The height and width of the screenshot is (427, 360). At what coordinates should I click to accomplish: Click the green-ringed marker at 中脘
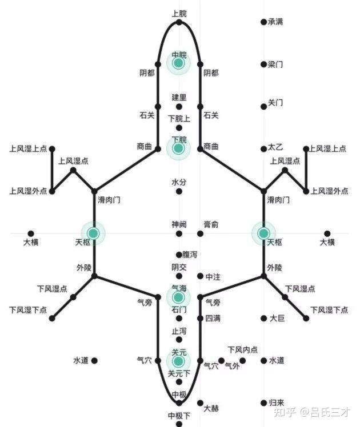[179, 63]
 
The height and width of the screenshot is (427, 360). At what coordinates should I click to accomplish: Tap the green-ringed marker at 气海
[179, 297]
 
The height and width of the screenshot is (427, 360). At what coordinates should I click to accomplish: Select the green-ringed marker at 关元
[179, 361]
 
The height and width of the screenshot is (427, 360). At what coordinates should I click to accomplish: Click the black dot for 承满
[263, 22]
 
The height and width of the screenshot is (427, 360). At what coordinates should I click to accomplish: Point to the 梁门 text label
[275, 65]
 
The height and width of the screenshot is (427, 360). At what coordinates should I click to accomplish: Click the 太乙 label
[275, 148]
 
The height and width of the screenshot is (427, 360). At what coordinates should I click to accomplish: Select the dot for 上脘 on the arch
[179, 23]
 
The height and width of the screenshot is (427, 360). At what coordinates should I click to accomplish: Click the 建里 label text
[179, 97]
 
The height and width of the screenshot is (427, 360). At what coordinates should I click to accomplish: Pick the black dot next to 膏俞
[200, 233]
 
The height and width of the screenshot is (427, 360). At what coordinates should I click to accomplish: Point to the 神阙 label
[179, 224]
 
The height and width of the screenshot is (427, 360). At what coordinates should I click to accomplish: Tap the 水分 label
[179, 182]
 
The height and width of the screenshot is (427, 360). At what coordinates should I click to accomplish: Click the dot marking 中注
[200, 276]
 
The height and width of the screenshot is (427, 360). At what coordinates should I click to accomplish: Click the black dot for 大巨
[263, 318]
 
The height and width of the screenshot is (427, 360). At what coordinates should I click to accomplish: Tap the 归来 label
[277, 402]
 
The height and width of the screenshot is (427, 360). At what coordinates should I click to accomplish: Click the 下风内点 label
[242, 349]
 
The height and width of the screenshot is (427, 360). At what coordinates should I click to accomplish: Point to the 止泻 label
[179, 331]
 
